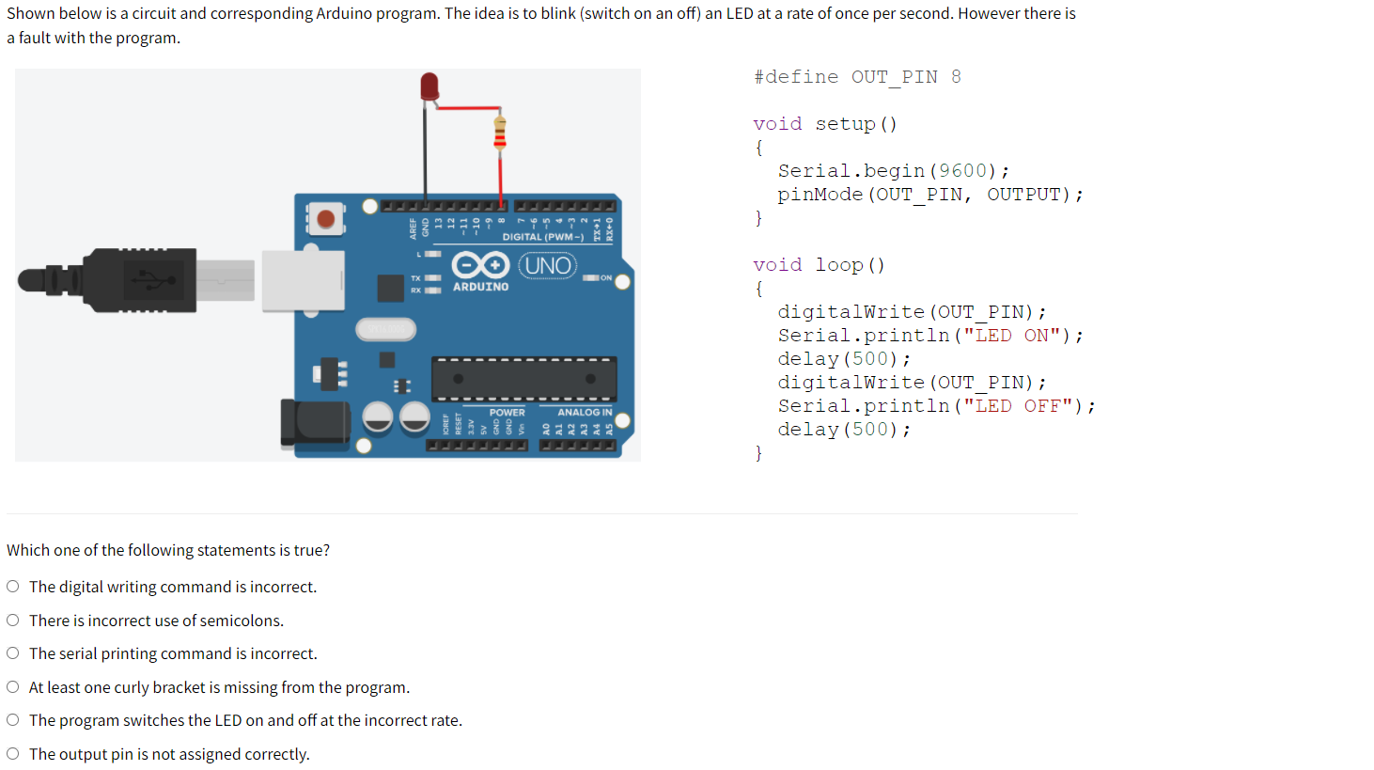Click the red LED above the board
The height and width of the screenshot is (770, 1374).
429,86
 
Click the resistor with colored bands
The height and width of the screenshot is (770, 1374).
500,133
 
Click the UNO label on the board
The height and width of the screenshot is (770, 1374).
548,266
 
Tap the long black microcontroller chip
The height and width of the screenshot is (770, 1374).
523,379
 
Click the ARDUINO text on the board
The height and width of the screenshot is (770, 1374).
480,287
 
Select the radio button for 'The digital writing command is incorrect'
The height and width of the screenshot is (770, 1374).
13,587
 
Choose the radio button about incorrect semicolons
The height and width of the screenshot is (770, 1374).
13,621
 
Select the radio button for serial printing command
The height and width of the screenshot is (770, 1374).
13,653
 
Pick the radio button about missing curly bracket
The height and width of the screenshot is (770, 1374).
13,687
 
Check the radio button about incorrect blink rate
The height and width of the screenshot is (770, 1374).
13,720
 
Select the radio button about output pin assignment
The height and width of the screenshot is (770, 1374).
13,754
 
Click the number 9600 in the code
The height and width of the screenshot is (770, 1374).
962,171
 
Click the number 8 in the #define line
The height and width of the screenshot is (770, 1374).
956,77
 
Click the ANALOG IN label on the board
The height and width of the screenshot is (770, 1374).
585,412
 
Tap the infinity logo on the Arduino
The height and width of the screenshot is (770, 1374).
480,265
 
